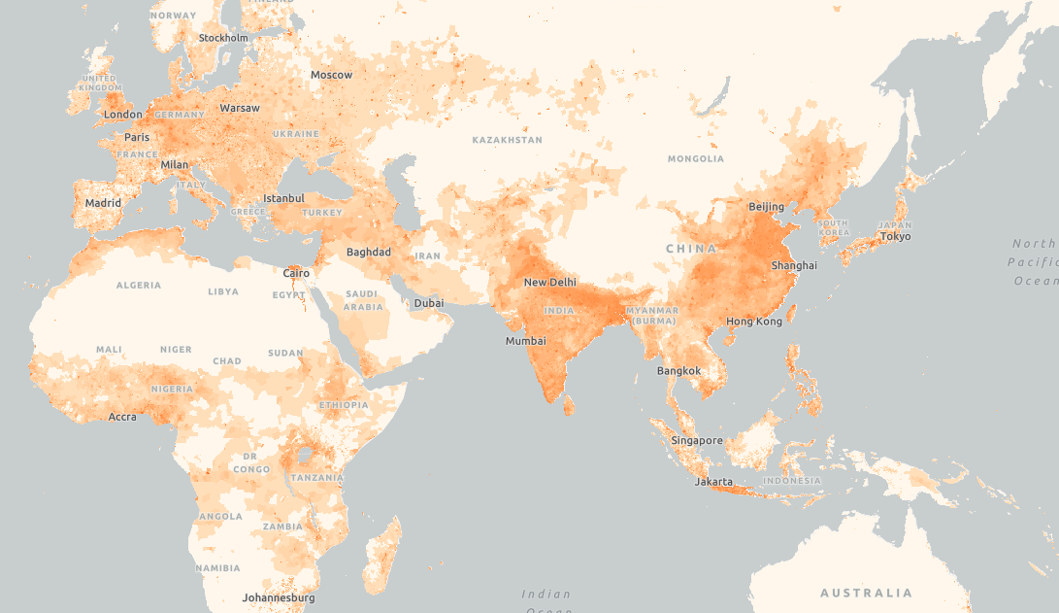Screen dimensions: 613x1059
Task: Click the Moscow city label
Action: [x=331, y=75]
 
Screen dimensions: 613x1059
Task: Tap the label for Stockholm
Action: [x=223, y=38]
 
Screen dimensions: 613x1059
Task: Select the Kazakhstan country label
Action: [x=507, y=140]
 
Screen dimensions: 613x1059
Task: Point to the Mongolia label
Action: [x=695, y=158]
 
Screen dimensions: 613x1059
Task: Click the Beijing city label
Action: [x=766, y=207]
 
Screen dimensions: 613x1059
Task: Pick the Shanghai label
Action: [x=793, y=265]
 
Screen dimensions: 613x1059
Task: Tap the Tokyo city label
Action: [x=895, y=237]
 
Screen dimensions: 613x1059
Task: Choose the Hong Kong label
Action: [x=753, y=322]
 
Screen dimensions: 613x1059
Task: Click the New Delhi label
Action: [x=549, y=283]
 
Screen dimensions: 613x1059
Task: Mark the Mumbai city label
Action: [x=525, y=341]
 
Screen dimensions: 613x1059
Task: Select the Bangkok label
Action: [x=678, y=371]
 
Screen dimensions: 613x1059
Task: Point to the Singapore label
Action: [x=696, y=441]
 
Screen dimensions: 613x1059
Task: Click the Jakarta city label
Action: [x=713, y=482]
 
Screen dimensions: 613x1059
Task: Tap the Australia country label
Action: [x=866, y=593]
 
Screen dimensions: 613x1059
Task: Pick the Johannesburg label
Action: [x=279, y=597]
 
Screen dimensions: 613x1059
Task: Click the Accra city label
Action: [x=122, y=417]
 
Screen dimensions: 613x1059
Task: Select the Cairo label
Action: [x=296, y=274]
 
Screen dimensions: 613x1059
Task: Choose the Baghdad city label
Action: [x=368, y=253]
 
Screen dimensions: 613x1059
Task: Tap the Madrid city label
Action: [x=103, y=203]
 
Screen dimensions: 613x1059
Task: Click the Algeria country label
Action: [x=138, y=286]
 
